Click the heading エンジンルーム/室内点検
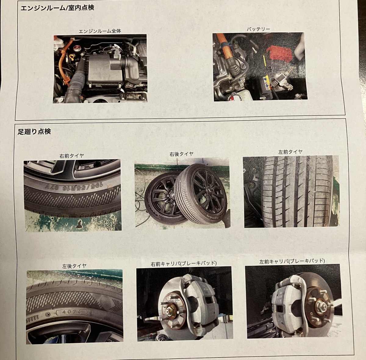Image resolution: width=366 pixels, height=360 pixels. (57, 8)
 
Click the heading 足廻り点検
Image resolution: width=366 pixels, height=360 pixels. (34, 131)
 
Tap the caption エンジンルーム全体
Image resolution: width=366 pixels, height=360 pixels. (100, 31)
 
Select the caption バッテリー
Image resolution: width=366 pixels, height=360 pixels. (258, 29)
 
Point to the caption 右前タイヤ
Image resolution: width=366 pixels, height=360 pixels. (72, 156)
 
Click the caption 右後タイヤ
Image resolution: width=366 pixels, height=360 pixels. (181, 154)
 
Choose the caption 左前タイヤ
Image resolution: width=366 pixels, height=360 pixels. (290, 152)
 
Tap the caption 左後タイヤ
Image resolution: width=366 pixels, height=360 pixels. (74, 266)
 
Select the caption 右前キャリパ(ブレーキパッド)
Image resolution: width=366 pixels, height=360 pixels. (184, 263)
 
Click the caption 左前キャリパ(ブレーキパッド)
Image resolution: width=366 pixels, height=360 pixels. (292, 261)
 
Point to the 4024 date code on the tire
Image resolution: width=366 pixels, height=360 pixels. (72, 312)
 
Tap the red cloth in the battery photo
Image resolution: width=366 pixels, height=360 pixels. (279, 53)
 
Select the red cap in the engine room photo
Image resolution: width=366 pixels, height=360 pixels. (77, 48)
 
